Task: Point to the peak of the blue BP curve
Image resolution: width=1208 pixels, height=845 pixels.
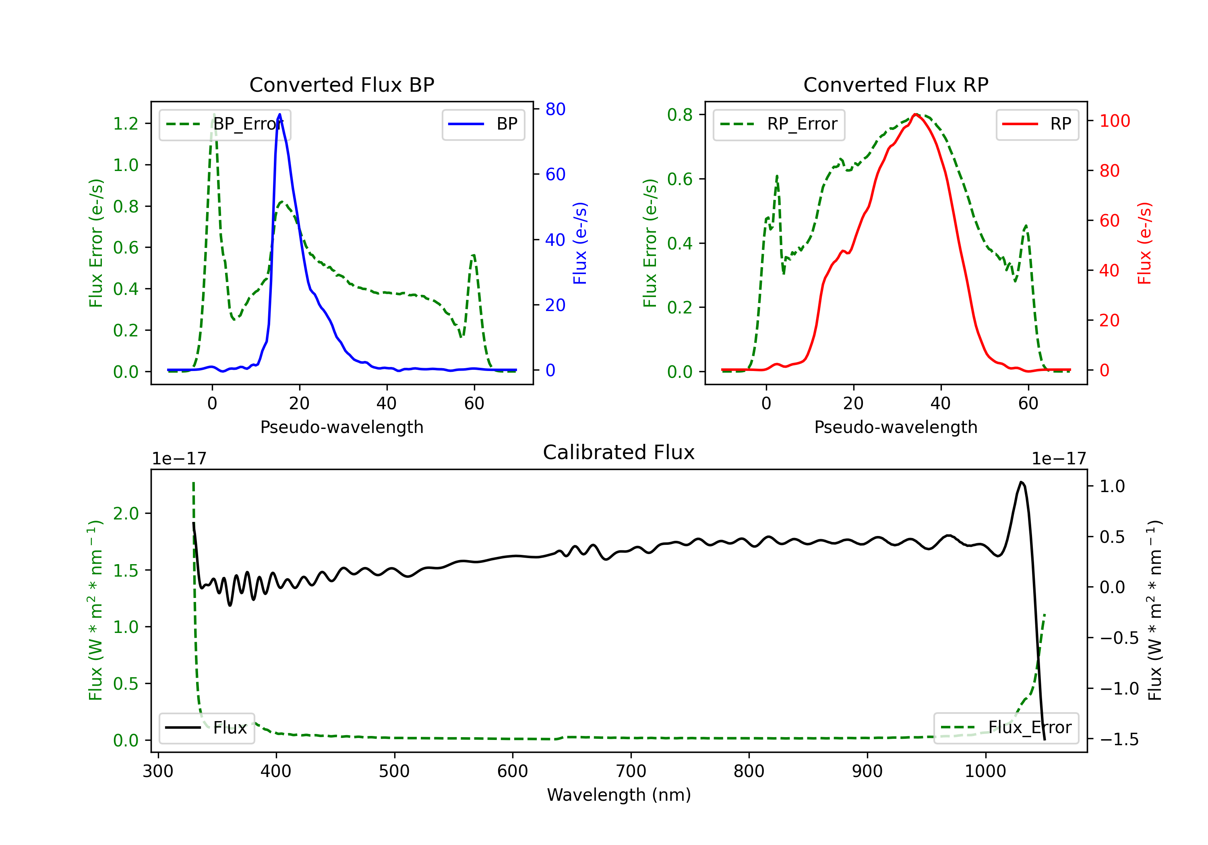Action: tap(279, 114)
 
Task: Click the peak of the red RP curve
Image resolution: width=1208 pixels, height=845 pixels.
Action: tap(916, 114)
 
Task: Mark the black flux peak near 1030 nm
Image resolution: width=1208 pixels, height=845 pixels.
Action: tap(1021, 482)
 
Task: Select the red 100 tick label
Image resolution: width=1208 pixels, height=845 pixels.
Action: tap(1114, 121)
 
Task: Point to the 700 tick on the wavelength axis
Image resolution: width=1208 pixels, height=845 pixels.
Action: tap(631, 771)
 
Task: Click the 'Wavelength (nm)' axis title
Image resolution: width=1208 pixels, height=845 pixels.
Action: tap(619, 795)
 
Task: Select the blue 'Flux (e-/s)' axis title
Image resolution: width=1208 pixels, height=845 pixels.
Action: tap(580, 243)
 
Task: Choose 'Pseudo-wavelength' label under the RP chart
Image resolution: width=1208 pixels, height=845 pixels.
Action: tap(896, 427)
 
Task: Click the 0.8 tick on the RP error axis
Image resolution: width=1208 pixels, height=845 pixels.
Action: tap(680, 115)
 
